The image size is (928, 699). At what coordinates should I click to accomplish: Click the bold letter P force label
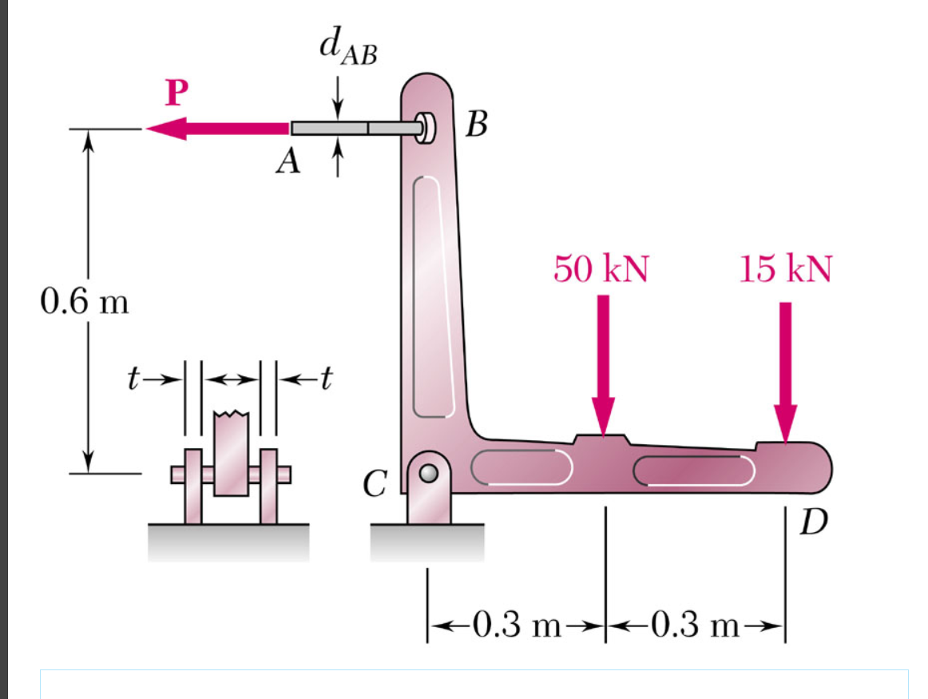pyautogui.click(x=176, y=93)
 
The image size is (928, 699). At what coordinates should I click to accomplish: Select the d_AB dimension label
pyautogui.click(x=348, y=49)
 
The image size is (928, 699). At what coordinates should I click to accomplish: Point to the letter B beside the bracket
pyautogui.click(x=478, y=125)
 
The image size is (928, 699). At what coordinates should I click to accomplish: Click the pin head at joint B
pyautogui.click(x=426, y=127)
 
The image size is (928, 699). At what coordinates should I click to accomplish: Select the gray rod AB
pyautogui.click(x=351, y=128)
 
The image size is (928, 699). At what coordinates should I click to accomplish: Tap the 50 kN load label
pyautogui.click(x=601, y=269)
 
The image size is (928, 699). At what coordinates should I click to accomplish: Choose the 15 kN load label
pyautogui.click(x=784, y=269)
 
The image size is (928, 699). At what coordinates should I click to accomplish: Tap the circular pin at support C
pyautogui.click(x=429, y=473)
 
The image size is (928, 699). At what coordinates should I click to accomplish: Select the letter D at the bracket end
pyautogui.click(x=815, y=525)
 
